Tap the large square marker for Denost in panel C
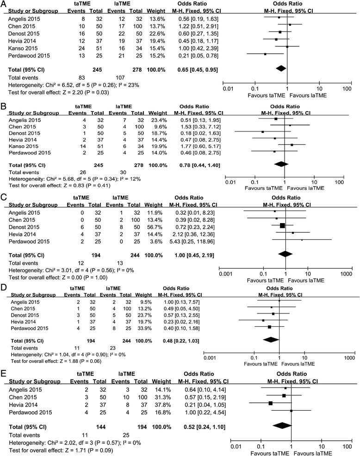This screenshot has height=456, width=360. (x=283, y=238)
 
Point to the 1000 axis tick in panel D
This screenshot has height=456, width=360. (x=349, y=358)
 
